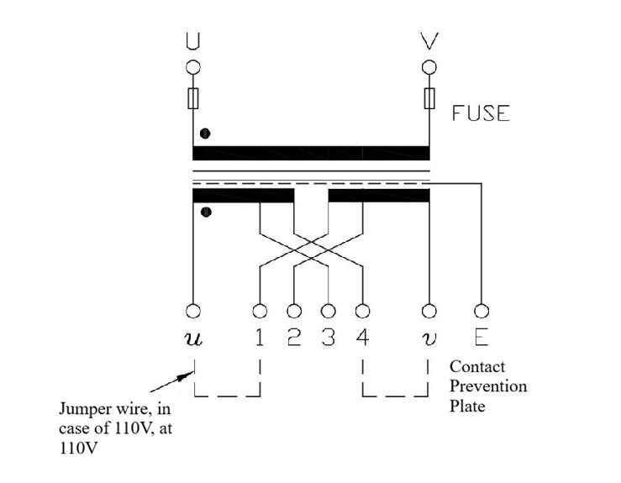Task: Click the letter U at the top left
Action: (193, 40)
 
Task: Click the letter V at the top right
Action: (429, 40)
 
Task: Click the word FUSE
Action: (481, 113)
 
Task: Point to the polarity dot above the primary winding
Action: (205, 134)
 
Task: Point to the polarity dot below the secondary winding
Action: (205, 212)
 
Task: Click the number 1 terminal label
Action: (261, 338)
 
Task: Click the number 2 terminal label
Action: (294, 338)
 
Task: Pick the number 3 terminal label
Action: (329, 338)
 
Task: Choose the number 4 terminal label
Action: (362, 338)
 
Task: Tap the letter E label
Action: (481, 338)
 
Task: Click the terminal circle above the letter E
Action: (481, 311)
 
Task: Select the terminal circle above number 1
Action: (261, 311)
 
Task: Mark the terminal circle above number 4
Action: (362, 311)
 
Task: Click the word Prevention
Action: (488, 386)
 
